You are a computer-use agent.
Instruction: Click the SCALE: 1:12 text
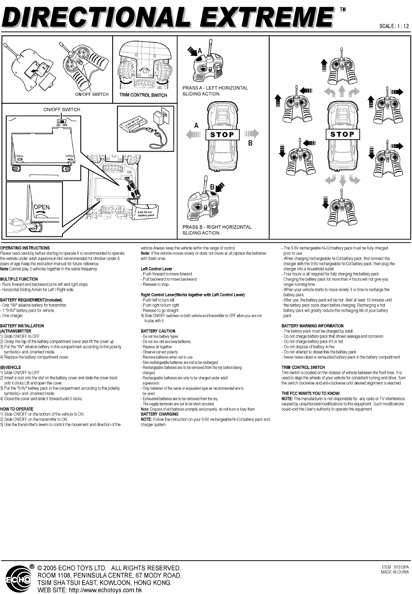[394, 26]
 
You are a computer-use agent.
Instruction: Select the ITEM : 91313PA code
[395, 567]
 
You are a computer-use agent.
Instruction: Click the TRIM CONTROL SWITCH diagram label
[143, 95]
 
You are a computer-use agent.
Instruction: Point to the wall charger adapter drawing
[162, 116]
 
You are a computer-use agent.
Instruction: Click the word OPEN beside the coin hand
[41, 207]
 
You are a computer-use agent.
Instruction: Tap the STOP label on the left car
[222, 135]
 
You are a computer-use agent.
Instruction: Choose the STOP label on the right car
[342, 135]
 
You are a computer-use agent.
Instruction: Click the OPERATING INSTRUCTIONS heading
[25, 248]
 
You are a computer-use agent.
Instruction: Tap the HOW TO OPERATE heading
[17, 409]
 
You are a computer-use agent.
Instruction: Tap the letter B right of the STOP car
[250, 143]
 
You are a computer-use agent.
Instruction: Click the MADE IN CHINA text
[395, 573]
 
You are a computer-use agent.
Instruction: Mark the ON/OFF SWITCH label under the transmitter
[92, 94]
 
